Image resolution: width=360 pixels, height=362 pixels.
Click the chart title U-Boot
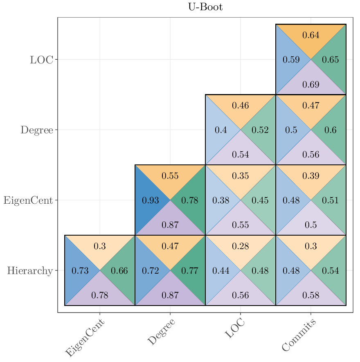205,7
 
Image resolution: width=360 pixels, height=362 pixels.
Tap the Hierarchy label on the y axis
30,270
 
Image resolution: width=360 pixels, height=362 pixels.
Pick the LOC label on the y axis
41,60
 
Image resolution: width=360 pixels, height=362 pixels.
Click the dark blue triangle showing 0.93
150,200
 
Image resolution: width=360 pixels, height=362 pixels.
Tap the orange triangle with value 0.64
311,35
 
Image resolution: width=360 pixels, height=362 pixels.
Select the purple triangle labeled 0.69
311,85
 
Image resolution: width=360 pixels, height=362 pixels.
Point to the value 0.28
241,246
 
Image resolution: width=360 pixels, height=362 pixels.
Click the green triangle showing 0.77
190,270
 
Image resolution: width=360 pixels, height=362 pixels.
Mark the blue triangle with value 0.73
80,270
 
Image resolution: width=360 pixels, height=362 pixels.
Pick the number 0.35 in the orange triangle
241,176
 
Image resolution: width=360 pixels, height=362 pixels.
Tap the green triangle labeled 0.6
331,130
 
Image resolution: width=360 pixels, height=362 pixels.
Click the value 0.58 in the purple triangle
311,295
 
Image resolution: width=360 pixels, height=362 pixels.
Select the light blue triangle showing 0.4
221,130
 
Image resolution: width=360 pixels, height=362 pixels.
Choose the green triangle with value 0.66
119,270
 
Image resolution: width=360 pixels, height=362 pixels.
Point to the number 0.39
311,176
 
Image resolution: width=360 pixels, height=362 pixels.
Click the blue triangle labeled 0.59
291,60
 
